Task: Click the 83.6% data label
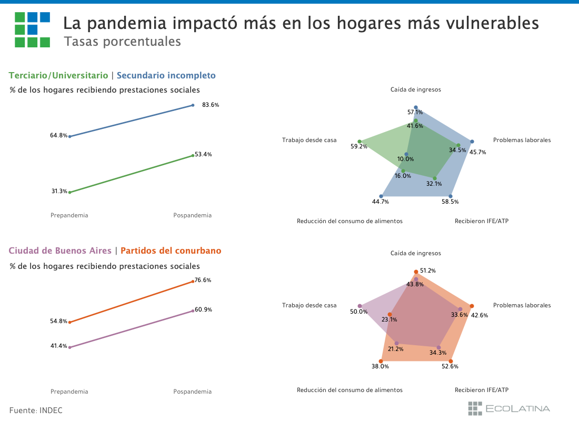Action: click(x=211, y=105)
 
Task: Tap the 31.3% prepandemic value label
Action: click(x=59, y=192)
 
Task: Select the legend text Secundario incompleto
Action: click(x=166, y=76)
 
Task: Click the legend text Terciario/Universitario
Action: click(x=58, y=76)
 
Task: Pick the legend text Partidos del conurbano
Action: click(x=171, y=251)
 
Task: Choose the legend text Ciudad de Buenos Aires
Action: click(x=60, y=251)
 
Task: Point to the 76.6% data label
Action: click(x=203, y=280)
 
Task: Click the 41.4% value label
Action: click(x=59, y=346)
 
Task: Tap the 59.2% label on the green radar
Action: click(x=359, y=147)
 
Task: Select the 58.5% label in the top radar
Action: click(x=450, y=202)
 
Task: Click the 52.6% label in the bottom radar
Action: click(x=450, y=366)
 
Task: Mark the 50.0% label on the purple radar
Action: click(x=359, y=312)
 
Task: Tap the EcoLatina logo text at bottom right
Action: click(x=517, y=409)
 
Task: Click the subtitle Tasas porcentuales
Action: click(x=122, y=42)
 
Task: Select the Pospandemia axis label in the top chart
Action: click(x=193, y=215)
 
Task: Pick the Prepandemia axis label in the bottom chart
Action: click(x=69, y=392)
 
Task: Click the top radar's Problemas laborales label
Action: click(x=522, y=140)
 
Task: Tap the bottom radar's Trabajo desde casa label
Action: click(x=309, y=305)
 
